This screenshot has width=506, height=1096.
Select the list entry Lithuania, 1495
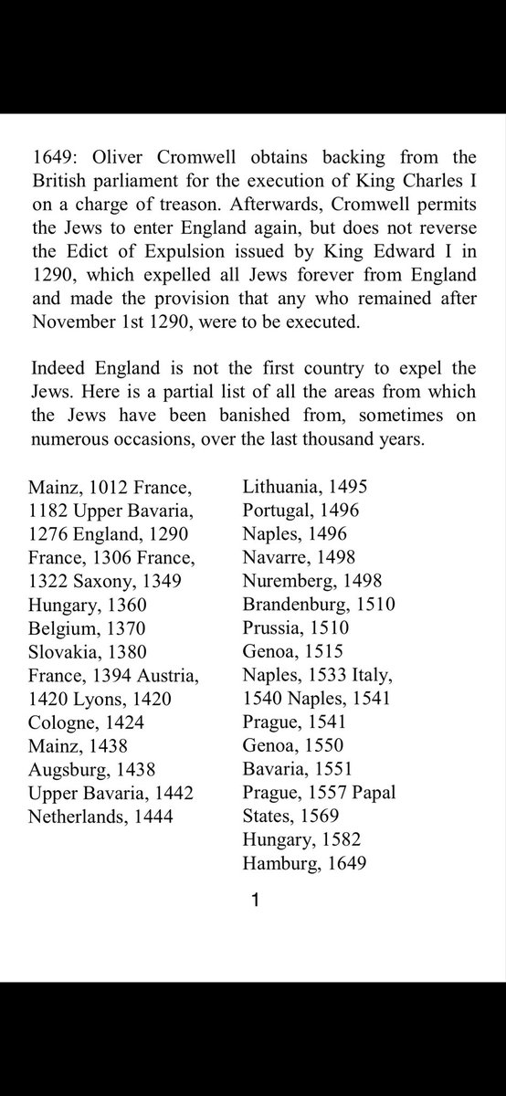tap(305, 487)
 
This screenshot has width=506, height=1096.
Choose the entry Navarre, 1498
tap(299, 557)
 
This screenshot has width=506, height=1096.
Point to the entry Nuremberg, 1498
tap(312, 581)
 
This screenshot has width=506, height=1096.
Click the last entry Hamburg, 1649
tap(304, 862)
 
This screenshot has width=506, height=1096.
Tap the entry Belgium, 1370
tap(86, 628)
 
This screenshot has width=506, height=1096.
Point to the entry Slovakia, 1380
tap(88, 652)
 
